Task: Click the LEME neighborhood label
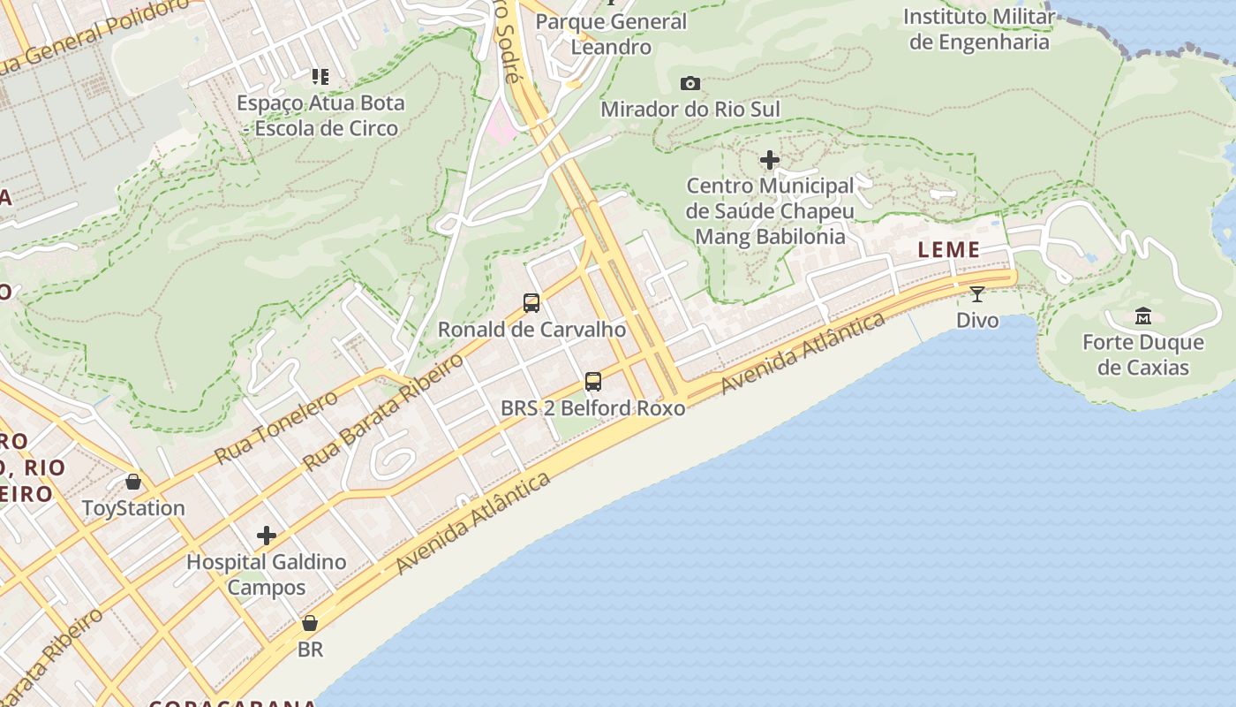point(949,250)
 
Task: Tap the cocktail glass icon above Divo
point(976,294)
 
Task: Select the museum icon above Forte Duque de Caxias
point(1143,316)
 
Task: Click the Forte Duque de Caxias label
point(1143,354)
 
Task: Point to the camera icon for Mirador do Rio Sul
point(690,84)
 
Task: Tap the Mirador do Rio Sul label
point(690,110)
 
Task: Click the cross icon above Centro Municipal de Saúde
point(770,160)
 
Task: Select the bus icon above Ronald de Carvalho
point(531,303)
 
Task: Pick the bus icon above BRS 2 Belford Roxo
point(593,382)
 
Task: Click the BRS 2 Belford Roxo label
point(593,408)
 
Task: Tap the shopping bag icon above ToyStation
point(133,482)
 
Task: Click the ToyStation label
point(133,508)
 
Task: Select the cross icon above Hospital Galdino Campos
point(266,536)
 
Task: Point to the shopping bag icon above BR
point(310,623)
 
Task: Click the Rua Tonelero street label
point(275,428)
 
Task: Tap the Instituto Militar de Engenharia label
point(979,29)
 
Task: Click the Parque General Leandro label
point(611,34)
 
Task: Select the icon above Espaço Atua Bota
point(320,77)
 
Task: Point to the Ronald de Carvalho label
point(531,330)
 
